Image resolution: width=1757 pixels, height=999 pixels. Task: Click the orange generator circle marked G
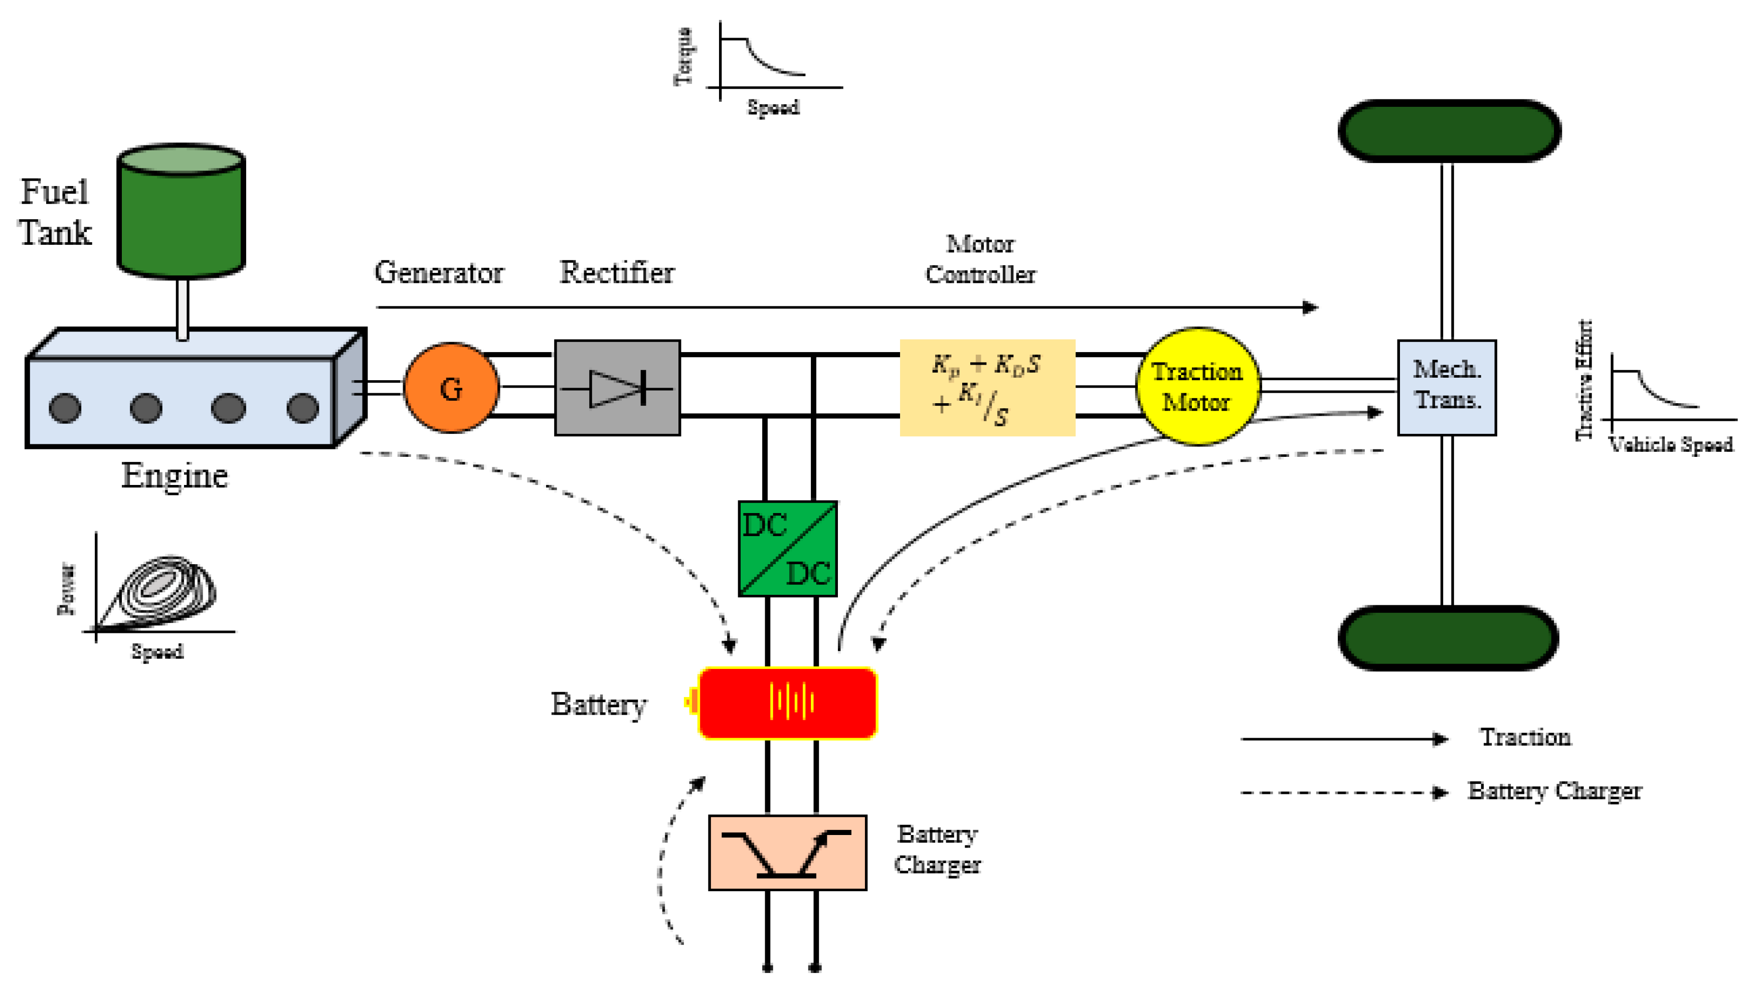point(451,388)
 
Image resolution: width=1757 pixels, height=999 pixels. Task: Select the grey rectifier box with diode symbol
point(617,388)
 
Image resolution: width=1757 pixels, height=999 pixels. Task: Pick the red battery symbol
point(787,703)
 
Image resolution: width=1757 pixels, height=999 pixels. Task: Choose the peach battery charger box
point(787,852)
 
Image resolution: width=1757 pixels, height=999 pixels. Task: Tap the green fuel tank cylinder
point(181,213)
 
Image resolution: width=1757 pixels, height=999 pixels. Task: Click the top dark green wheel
point(1449,131)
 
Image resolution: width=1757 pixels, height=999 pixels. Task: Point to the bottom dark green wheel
point(1448,637)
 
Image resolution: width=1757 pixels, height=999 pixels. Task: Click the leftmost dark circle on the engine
point(65,408)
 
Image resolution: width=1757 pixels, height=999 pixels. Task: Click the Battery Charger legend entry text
point(1554,790)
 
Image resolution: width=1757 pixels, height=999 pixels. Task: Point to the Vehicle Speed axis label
point(1671,445)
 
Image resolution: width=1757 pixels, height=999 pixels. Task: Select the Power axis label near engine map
point(67,589)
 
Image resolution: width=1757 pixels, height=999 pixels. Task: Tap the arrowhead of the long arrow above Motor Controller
point(1310,307)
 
